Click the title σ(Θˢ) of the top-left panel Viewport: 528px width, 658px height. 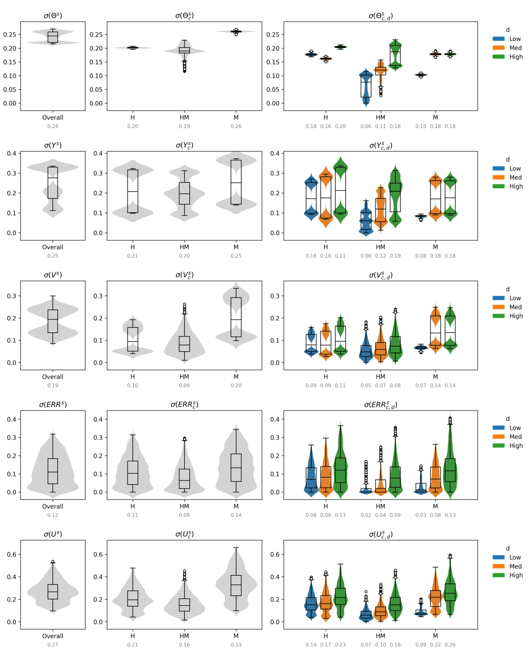point(53,16)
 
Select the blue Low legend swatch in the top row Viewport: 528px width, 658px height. point(498,39)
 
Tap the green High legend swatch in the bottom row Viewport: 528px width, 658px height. point(498,575)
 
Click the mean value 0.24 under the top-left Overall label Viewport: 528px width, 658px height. point(53,126)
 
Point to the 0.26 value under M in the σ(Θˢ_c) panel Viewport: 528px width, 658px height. point(236,126)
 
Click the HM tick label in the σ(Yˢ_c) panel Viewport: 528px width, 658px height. point(184,247)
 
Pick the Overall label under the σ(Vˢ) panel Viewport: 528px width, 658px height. point(53,377)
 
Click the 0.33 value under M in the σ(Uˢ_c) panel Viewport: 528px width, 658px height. point(236,645)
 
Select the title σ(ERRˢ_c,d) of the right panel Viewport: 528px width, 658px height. point(380,405)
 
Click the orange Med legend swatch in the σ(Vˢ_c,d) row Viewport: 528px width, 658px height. point(498,307)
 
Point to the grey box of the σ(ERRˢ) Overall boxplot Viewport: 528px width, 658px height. point(53,471)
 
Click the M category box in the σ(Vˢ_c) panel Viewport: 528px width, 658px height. point(236,317)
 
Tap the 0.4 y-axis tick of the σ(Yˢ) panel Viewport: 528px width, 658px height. point(12,153)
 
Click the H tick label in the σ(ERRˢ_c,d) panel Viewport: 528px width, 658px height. point(326,506)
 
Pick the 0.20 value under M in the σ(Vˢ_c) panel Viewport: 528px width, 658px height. point(236,385)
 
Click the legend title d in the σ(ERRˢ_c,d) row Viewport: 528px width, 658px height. point(508,419)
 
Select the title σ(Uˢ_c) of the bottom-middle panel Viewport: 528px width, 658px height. point(184,534)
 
